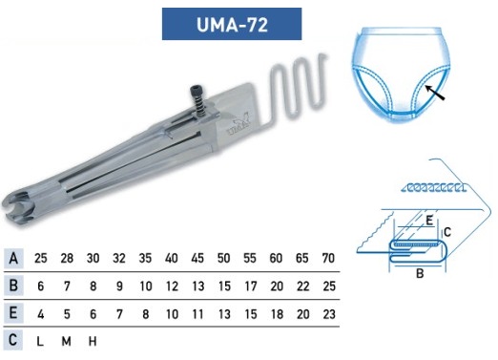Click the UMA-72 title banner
pyautogui.click(x=232, y=24)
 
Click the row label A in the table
pyautogui.click(x=13, y=258)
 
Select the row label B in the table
pyautogui.click(x=13, y=286)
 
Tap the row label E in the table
pyautogui.click(x=13, y=312)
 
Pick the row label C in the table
pyautogui.click(x=13, y=340)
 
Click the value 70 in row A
pyautogui.click(x=328, y=258)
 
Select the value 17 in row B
pyautogui.click(x=250, y=286)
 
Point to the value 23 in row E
pyautogui.click(x=329, y=314)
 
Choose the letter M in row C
pyautogui.click(x=66, y=342)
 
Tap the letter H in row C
pyautogui.click(x=93, y=342)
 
